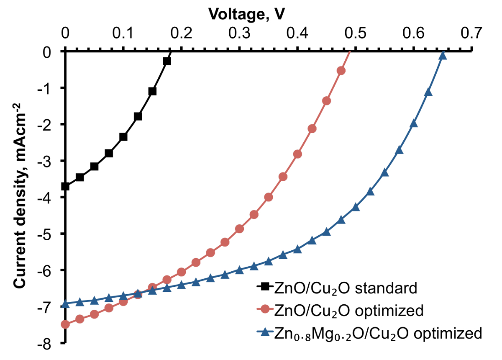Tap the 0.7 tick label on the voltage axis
point(472,33)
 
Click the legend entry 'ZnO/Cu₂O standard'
point(345,288)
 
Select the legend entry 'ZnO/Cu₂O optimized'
point(348,311)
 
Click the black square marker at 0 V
point(65,186)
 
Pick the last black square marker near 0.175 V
point(167,61)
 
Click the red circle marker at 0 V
point(65,324)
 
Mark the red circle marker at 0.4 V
point(297,154)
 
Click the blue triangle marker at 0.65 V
point(443,56)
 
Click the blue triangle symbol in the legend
point(265,333)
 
